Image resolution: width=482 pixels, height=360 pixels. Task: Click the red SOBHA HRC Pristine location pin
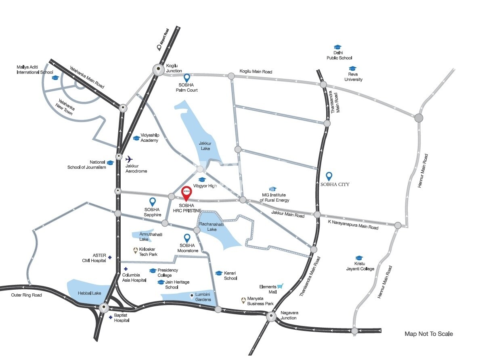pyautogui.click(x=186, y=192)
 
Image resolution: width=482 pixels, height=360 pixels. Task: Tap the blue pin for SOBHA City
pyautogui.click(x=329, y=176)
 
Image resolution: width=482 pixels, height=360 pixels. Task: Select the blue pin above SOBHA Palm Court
pyautogui.click(x=187, y=78)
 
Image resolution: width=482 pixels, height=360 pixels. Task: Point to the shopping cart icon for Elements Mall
pyautogui.click(x=280, y=286)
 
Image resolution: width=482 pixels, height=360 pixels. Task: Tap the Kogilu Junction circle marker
pyautogui.click(x=158, y=70)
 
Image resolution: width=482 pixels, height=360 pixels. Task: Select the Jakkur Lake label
pyautogui.click(x=205, y=146)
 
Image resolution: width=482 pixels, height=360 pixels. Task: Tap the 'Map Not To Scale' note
pyautogui.click(x=429, y=334)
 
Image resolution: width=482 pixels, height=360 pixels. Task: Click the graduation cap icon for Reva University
pyautogui.click(x=353, y=69)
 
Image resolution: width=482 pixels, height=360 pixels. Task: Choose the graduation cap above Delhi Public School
pyautogui.click(x=337, y=47)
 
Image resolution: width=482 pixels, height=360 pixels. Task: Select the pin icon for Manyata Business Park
pyautogui.click(x=243, y=300)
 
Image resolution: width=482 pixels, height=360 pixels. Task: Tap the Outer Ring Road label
pyautogui.click(x=26, y=295)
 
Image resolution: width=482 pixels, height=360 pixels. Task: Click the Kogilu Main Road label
pyautogui.click(x=256, y=72)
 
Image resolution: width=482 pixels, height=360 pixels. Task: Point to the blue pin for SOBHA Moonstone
pyautogui.click(x=187, y=238)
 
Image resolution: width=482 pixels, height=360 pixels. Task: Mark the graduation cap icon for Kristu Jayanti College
pyautogui.click(x=359, y=258)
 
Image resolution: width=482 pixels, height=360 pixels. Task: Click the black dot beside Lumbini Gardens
pyautogui.click(x=191, y=295)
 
